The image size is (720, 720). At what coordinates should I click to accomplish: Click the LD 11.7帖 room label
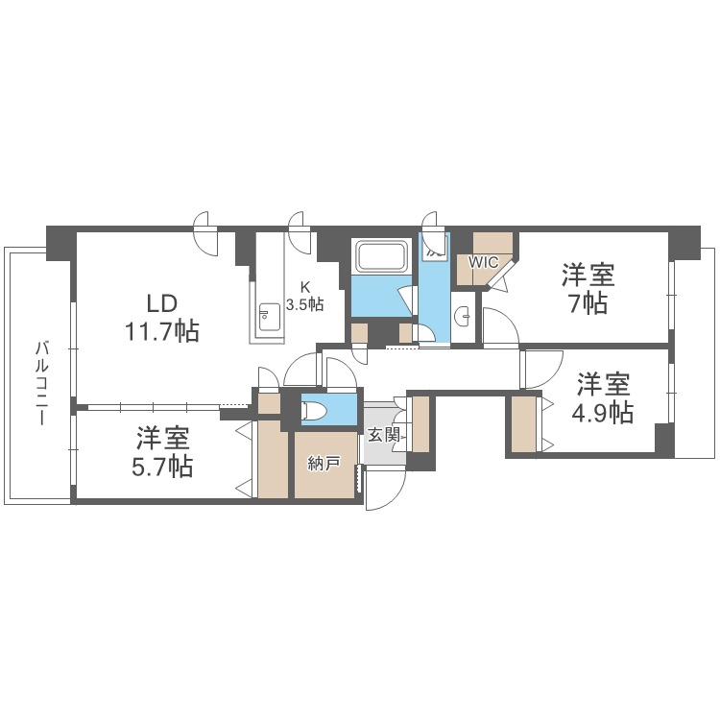[x=162, y=318]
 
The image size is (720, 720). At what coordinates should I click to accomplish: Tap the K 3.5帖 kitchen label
[x=305, y=297]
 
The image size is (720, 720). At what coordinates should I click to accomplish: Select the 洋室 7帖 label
[x=588, y=289]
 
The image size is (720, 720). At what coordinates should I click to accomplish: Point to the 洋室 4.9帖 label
[x=603, y=397]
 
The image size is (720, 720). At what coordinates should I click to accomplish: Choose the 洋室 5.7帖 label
[x=162, y=452]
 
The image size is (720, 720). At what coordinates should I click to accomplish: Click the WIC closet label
[x=483, y=262]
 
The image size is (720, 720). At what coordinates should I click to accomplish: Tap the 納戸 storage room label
[x=324, y=464]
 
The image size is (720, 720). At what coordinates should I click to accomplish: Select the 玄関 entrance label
[x=383, y=435]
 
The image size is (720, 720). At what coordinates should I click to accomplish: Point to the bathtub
[x=382, y=256]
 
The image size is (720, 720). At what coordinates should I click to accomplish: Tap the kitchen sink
[x=270, y=317]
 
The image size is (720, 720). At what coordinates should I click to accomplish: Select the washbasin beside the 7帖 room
[x=464, y=317]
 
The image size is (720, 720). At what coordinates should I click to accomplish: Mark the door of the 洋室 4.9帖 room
[x=542, y=370]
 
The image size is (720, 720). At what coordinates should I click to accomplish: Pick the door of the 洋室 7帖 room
[x=500, y=325]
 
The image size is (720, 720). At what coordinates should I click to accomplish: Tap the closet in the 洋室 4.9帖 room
[x=524, y=423]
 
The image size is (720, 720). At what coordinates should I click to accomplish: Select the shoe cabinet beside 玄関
[x=420, y=424]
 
